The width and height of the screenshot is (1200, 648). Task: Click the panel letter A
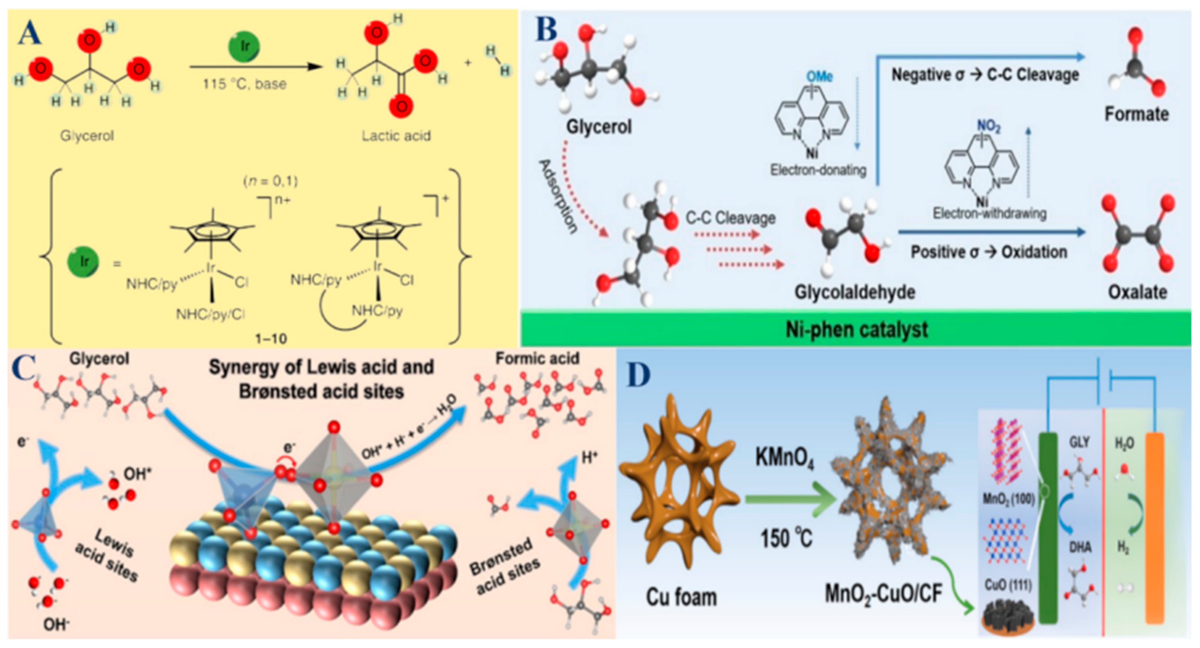tap(30, 34)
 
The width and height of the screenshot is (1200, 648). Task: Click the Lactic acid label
tap(396, 136)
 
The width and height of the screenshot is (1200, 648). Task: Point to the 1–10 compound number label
tap(271, 338)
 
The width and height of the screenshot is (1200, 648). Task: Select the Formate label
tap(1137, 114)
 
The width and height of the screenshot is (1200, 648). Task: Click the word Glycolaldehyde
tap(854, 292)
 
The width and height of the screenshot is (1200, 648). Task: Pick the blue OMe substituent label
tap(820, 76)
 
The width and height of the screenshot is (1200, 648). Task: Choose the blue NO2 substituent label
tap(988, 126)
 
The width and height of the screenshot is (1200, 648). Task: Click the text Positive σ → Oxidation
tap(988, 252)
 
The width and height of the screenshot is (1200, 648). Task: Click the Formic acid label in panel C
tap(537, 358)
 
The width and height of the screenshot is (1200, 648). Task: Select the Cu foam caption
tap(681, 597)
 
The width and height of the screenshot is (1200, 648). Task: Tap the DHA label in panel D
tap(1080, 547)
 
